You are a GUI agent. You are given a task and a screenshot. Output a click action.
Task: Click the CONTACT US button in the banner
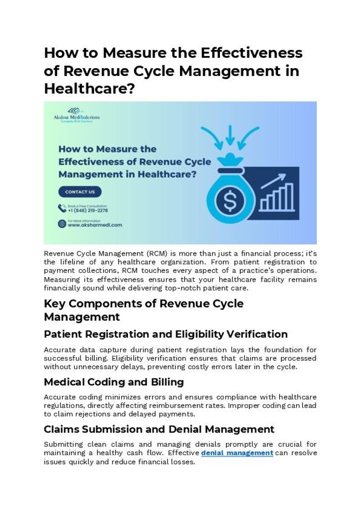click(80, 192)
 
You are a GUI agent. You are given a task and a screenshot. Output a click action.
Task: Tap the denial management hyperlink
click(236, 453)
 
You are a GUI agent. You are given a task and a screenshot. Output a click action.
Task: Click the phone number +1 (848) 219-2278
click(88, 211)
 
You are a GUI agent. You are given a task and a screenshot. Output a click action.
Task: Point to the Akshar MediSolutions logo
click(76, 115)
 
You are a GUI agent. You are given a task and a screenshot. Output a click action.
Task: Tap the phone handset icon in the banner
click(62, 208)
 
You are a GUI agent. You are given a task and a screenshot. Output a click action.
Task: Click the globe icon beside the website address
click(62, 223)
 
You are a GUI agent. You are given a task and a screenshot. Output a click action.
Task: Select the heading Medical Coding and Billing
click(114, 382)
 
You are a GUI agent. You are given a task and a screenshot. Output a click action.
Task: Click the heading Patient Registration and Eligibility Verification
click(166, 334)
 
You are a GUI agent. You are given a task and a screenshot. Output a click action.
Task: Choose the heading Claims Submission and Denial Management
click(159, 429)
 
